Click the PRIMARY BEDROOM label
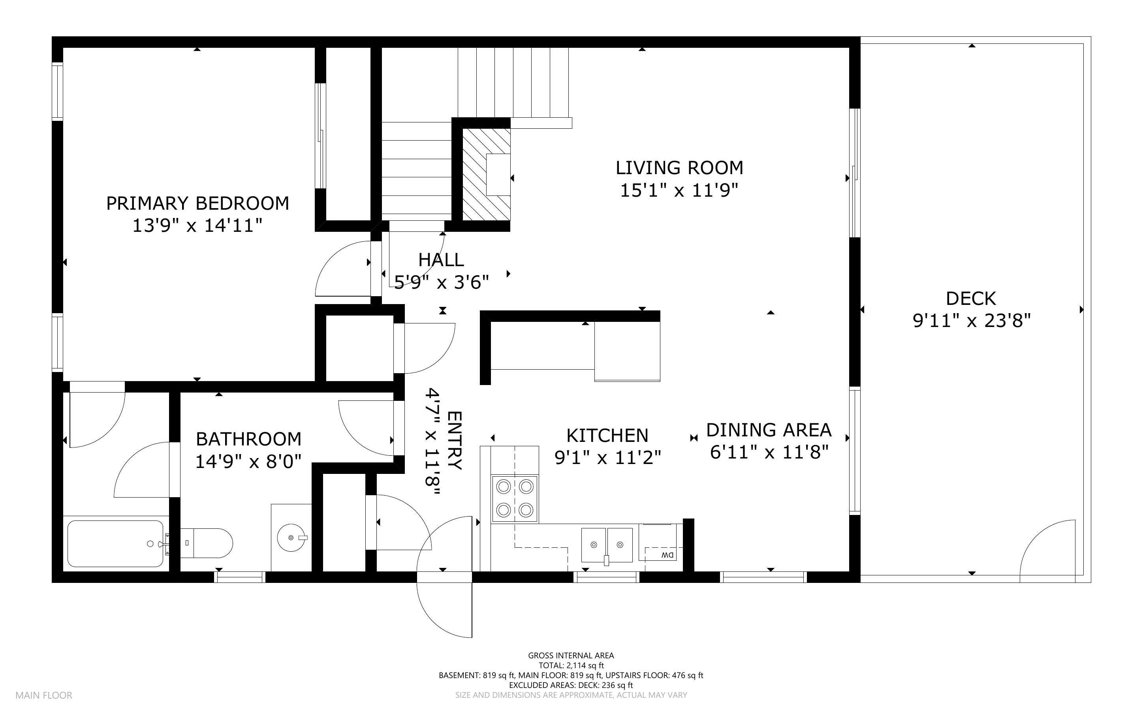(x=197, y=203)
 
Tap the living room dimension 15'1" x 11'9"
(x=679, y=191)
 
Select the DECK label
(x=971, y=299)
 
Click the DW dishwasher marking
(x=667, y=555)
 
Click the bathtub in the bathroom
(x=116, y=543)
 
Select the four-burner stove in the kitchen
(x=515, y=498)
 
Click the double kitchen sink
(x=606, y=545)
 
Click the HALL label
(x=441, y=260)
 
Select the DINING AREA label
(x=769, y=430)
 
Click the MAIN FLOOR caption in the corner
(x=44, y=695)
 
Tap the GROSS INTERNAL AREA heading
(x=571, y=656)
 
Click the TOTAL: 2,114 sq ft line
(x=571, y=665)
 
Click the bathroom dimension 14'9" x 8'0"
(x=248, y=461)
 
